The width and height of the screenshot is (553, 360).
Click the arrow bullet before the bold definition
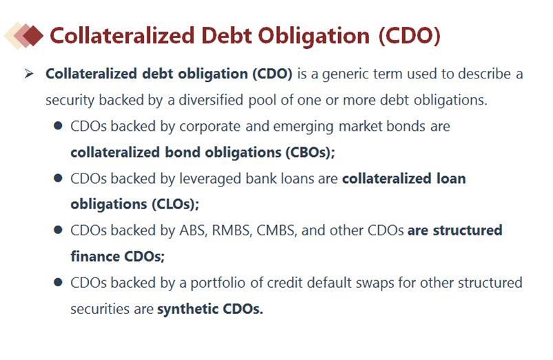30,74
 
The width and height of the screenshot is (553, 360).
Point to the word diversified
211,100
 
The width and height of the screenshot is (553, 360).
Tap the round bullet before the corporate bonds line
58,126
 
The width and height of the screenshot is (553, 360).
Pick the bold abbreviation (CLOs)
176,204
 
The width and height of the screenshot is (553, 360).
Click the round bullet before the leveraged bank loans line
58,178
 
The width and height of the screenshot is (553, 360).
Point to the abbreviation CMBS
276,231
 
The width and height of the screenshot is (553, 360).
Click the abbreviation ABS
193,231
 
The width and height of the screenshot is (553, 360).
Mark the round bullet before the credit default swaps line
58,282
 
